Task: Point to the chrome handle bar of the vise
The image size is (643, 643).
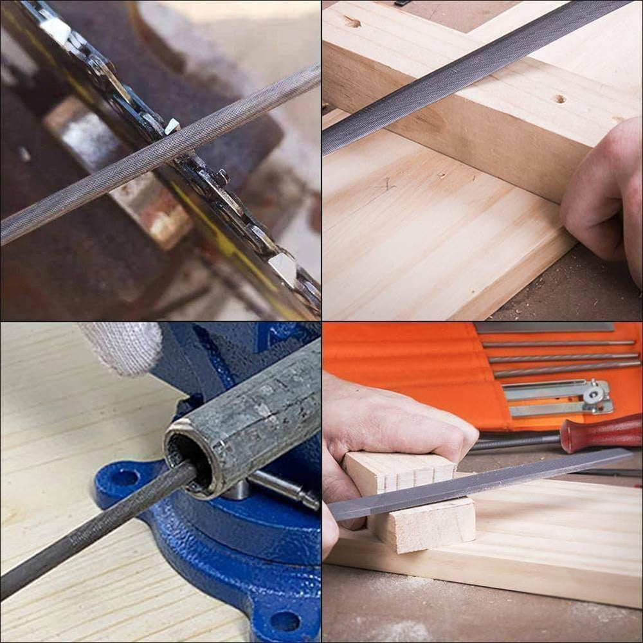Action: (283, 489)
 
